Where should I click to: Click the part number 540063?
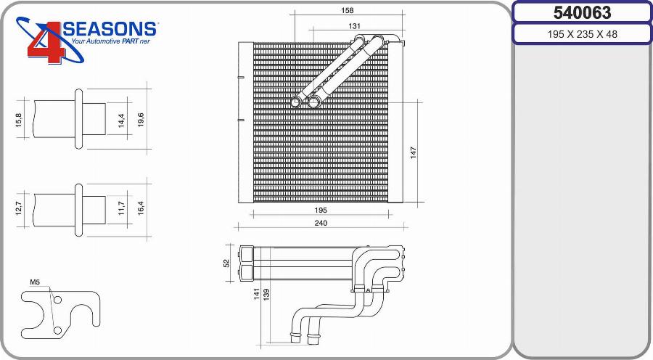coord(582,12)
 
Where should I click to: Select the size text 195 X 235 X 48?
coord(582,34)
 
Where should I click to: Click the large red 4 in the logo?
coord(46,44)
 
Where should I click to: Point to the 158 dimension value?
coord(347,10)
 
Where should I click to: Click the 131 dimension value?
coord(354,26)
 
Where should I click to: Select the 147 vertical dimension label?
coord(413,152)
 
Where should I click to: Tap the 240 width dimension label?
coord(321,223)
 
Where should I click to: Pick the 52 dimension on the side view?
coord(226,263)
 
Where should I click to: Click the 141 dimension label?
coord(257,294)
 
